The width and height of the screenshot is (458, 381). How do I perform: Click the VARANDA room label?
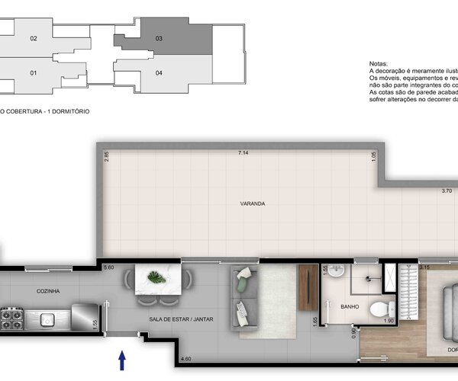pos(252,204)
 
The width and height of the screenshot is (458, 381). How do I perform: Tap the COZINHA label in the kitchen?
pos(47,291)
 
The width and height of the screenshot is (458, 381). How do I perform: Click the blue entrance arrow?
pos(121,360)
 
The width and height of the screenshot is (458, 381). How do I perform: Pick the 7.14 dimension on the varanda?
pos(244,153)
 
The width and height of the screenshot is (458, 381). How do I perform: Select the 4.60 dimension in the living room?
pos(185,358)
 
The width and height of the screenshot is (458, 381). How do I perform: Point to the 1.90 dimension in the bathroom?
pos(388,322)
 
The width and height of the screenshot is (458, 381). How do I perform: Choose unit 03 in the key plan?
pos(159,38)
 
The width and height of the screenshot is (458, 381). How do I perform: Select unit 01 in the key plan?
pos(33,73)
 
